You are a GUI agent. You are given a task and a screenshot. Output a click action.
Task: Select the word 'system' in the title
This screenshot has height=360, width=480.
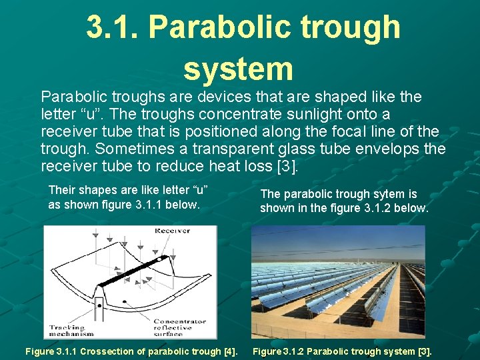pyautogui.click(x=238, y=68)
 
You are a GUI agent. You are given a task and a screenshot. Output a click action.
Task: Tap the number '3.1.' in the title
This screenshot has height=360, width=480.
pyautogui.click(x=111, y=27)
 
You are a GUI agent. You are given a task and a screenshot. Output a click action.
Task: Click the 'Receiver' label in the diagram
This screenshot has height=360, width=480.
pyautogui.click(x=171, y=231)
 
